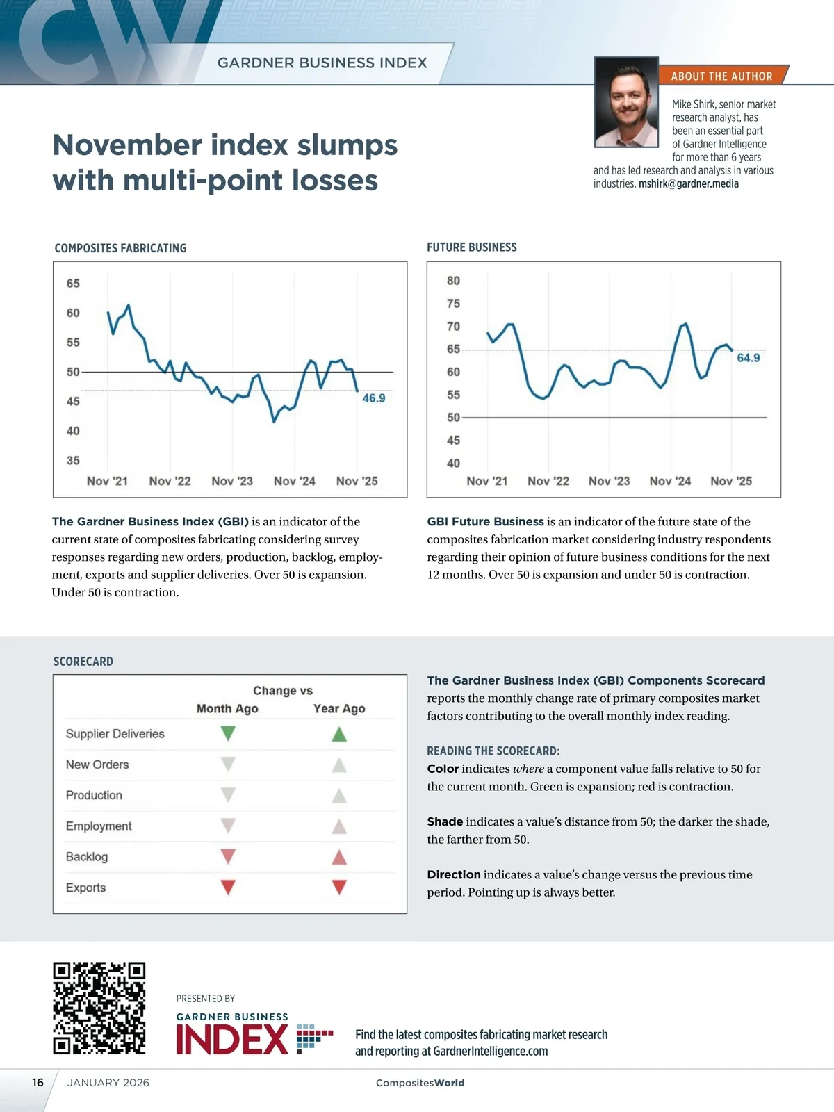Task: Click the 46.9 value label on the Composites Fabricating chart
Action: click(x=373, y=398)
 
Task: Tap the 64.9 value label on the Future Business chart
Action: click(x=748, y=358)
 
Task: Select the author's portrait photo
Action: click(x=626, y=102)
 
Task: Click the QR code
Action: click(x=99, y=1008)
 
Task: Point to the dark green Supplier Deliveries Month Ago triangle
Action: click(x=228, y=733)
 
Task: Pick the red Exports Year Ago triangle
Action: click(x=339, y=888)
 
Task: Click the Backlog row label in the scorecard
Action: click(x=87, y=857)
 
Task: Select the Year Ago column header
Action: click(x=339, y=708)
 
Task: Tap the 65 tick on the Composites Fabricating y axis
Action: click(x=73, y=284)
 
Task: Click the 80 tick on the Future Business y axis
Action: click(x=453, y=281)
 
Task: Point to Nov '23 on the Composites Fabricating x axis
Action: click(x=232, y=481)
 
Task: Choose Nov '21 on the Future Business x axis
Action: click(x=487, y=481)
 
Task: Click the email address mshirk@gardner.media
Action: click(x=688, y=184)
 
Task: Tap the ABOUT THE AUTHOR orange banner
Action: click(x=721, y=76)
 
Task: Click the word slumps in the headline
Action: click(x=347, y=145)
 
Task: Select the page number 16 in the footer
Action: click(x=38, y=1082)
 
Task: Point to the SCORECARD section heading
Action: click(x=83, y=662)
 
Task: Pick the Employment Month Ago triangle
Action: click(x=228, y=826)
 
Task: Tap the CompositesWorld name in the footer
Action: click(x=420, y=1083)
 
